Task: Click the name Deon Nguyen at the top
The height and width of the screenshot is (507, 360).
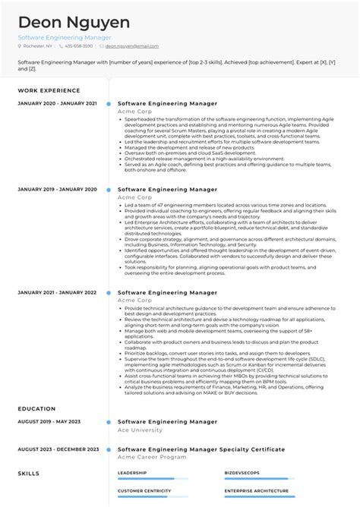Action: coord(74,22)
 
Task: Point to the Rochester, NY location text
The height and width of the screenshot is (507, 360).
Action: coord(37,46)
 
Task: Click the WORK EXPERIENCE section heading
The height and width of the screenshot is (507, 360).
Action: coord(48,90)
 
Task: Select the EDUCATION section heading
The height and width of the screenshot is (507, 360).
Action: coord(36,408)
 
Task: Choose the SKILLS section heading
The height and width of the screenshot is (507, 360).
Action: coord(28,473)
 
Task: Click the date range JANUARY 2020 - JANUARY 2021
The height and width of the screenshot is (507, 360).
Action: coord(57,103)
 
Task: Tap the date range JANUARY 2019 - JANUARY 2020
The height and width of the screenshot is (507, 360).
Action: coord(57,189)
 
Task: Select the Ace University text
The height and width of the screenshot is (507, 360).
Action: coord(141,430)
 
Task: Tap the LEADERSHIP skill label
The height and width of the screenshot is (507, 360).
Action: coord(132,472)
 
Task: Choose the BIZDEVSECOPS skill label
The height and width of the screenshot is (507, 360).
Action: coord(242,472)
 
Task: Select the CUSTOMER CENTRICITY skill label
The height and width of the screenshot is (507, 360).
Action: coord(143,491)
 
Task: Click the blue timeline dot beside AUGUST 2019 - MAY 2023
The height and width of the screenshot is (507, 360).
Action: coord(109,421)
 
